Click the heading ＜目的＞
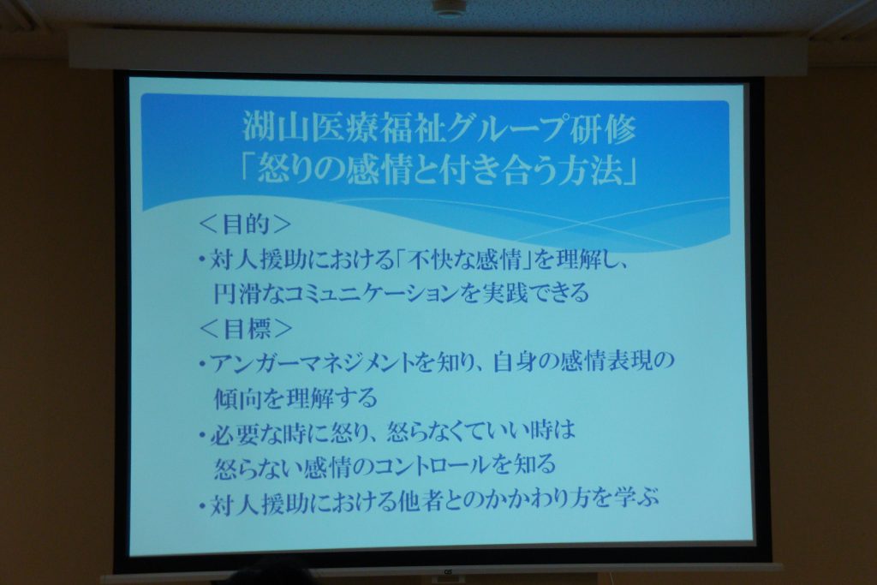coord(245,224)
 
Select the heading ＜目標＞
coord(246,329)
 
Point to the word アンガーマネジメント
coord(312,363)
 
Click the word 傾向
coord(238,397)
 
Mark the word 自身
coord(516,362)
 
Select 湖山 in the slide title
coord(268,128)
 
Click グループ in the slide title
coord(499,128)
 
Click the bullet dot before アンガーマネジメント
coord(202,365)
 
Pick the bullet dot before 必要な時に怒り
coord(202,435)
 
